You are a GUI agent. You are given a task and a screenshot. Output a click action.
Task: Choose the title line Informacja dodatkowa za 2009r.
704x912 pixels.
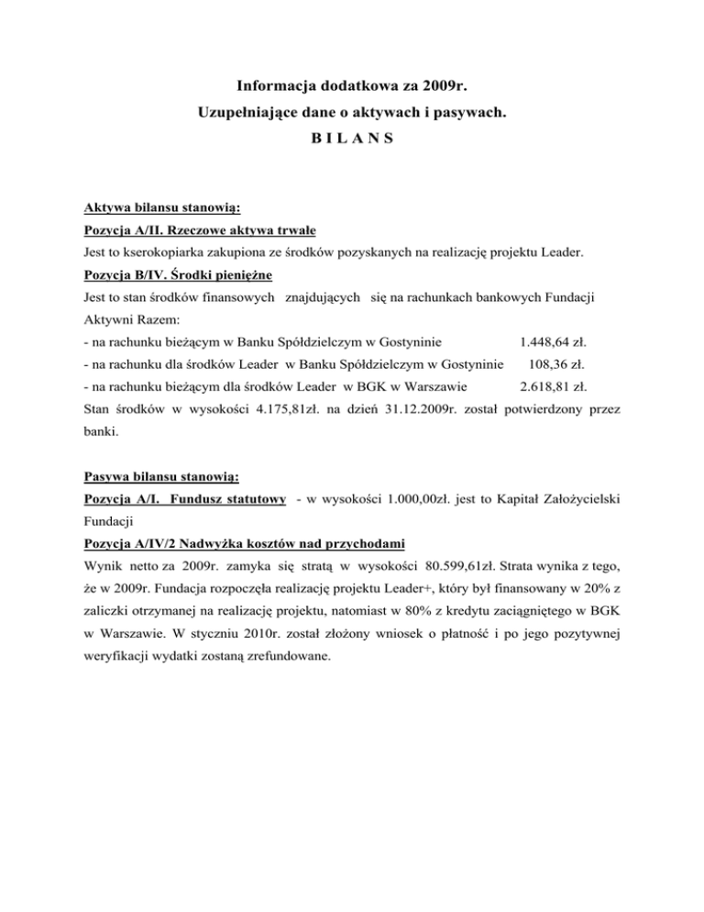click(x=352, y=88)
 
